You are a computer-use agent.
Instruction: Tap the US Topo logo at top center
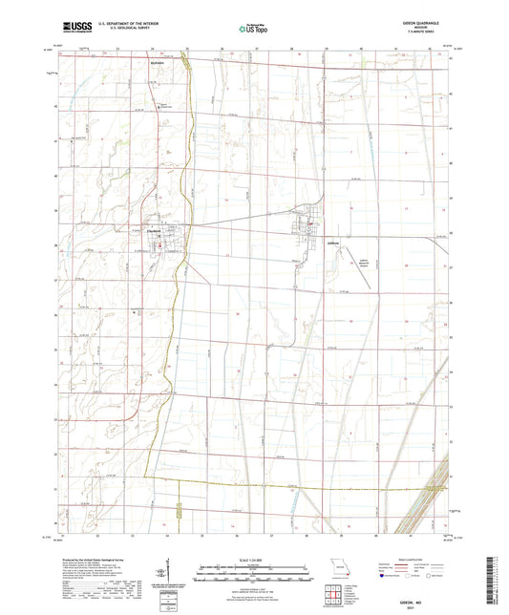[253, 29]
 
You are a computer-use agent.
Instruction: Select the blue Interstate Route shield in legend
[383, 577]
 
